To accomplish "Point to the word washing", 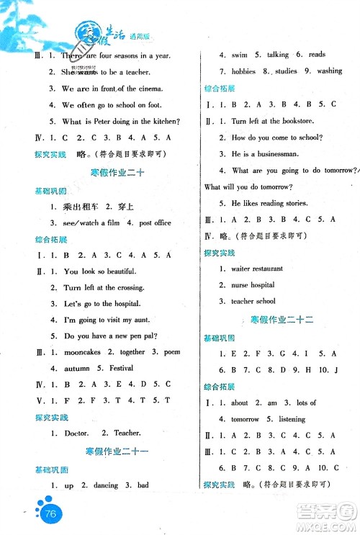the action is coord(330,71).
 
